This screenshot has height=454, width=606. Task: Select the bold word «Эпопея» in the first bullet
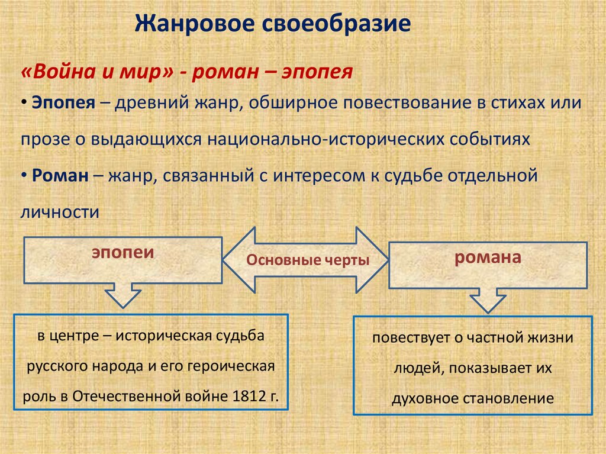63,102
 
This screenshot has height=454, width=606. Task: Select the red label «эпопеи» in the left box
122,252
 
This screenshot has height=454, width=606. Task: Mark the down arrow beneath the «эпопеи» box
123,294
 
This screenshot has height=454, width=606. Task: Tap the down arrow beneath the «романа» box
489,300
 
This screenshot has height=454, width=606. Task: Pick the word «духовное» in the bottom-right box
420,398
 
